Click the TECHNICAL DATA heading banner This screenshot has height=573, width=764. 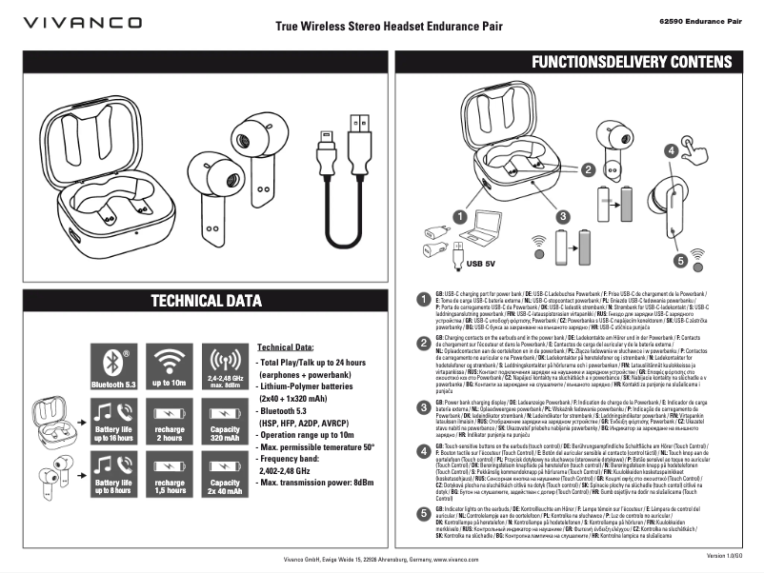[206, 302]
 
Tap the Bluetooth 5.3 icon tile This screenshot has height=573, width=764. [114, 366]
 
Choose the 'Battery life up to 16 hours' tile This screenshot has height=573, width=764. [114, 421]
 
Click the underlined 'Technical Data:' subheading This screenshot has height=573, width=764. [286, 347]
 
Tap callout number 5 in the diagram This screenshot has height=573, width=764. [680, 259]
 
